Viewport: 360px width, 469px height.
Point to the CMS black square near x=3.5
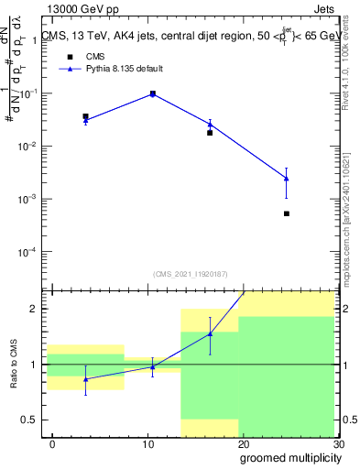[x=85, y=117]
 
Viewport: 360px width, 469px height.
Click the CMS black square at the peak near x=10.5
[x=152, y=93]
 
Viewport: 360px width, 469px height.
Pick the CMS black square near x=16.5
[x=210, y=133]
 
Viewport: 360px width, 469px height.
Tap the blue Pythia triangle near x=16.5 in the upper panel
[x=210, y=124]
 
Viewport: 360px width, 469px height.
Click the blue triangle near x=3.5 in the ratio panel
[x=85, y=379]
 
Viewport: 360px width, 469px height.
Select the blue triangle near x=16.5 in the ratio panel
[x=210, y=333]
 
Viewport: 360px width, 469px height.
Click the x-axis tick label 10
[x=147, y=443]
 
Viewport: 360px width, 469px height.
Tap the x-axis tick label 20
[x=243, y=443]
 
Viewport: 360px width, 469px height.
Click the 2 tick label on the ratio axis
[x=38, y=309]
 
